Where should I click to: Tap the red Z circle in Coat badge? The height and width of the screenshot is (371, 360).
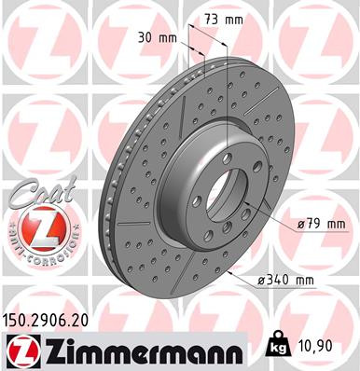coord(41,226)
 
